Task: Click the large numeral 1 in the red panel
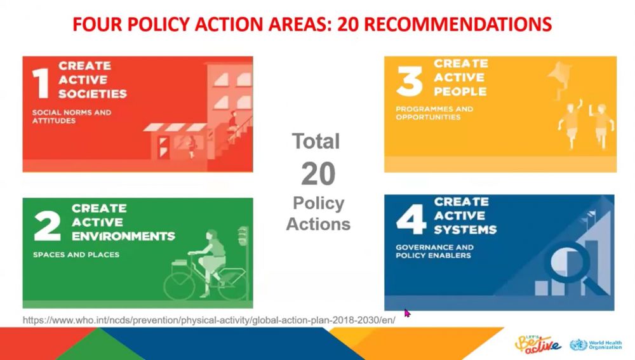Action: (41, 83)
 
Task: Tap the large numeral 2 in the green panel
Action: (48, 226)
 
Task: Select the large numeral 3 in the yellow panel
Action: (410, 81)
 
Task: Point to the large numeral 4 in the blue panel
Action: (411, 220)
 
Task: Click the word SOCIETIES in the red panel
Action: (92, 94)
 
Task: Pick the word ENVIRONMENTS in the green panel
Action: (124, 236)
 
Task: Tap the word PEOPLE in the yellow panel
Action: (460, 91)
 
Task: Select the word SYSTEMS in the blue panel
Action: (465, 230)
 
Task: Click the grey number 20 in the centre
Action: (318, 174)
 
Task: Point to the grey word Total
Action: (316, 142)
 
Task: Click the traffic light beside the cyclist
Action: (243, 236)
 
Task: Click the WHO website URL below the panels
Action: (209, 320)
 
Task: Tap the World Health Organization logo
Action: (596, 345)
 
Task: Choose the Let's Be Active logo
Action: (538, 343)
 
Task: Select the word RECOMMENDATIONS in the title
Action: (458, 24)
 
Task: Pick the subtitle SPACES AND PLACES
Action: (76, 255)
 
